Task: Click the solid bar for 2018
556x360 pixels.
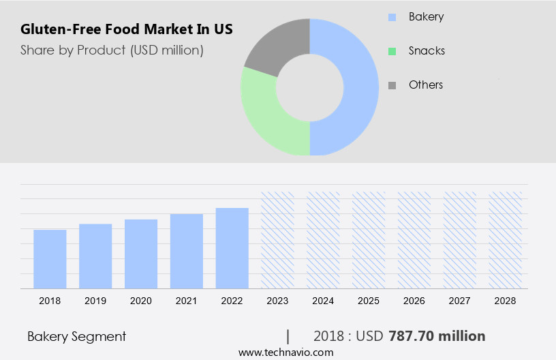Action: [x=50, y=259]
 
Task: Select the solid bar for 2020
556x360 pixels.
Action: [x=141, y=254]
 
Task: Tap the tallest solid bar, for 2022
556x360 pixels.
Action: [x=232, y=248]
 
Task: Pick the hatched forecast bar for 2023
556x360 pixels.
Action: [x=277, y=240]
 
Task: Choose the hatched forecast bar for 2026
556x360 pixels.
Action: [x=414, y=240]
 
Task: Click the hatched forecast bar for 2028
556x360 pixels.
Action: [x=506, y=240]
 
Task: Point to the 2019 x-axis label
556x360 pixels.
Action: [x=95, y=301]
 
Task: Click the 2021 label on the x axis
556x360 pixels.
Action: [x=187, y=301]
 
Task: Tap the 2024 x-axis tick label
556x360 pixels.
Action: [x=323, y=301]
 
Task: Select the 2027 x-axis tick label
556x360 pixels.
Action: [x=460, y=301]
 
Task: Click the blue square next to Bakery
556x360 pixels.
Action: [x=392, y=17]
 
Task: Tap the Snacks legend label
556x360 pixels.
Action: [x=427, y=50]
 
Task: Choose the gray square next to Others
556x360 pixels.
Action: [x=392, y=85]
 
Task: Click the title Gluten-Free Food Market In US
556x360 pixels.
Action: [x=127, y=30]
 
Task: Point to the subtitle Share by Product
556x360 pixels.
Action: [x=112, y=50]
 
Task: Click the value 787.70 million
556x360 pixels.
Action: [x=437, y=336]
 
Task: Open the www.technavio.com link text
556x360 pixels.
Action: [x=285, y=352]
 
